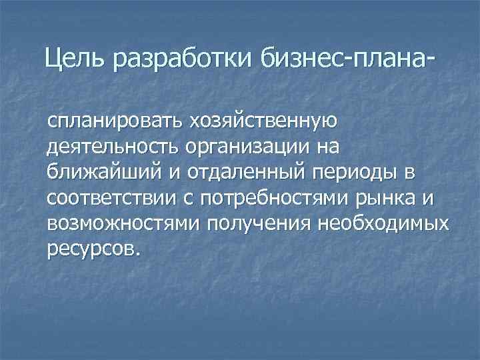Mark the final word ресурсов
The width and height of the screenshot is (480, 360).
pos(93,248)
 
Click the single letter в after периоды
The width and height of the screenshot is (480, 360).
pos(408,173)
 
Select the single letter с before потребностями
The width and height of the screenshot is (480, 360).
pos(190,198)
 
